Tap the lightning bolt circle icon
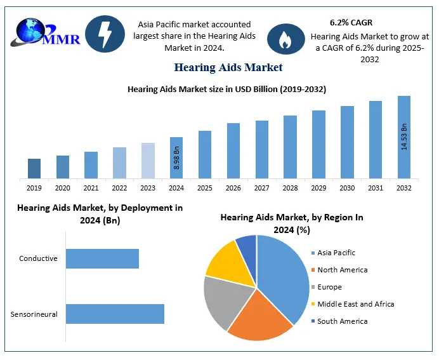[105, 34]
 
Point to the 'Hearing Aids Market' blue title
[228, 67]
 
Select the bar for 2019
[34, 168]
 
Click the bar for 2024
[176, 157]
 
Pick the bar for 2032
[404, 137]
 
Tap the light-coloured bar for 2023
[148, 160]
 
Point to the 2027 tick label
[261, 188]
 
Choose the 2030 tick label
[347, 188]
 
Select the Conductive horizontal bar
[102, 258]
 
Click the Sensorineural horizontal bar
[115, 314]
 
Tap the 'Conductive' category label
[38, 258]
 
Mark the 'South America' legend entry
[342, 321]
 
